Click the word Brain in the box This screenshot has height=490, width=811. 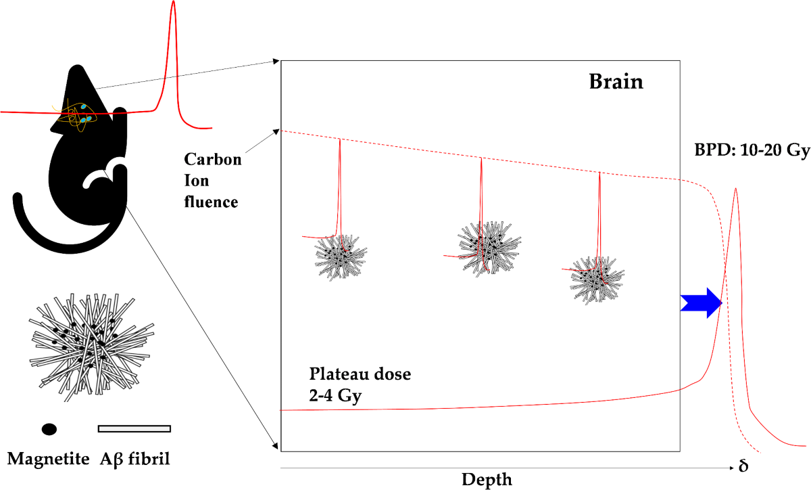[x=616, y=82]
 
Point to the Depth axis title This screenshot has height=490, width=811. [x=487, y=480]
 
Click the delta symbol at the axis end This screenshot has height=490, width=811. [x=743, y=467]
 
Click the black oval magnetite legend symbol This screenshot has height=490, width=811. [x=49, y=429]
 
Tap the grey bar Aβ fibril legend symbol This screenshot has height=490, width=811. [x=134, y=428]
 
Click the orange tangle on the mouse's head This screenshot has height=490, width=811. [x=76, y=115]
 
